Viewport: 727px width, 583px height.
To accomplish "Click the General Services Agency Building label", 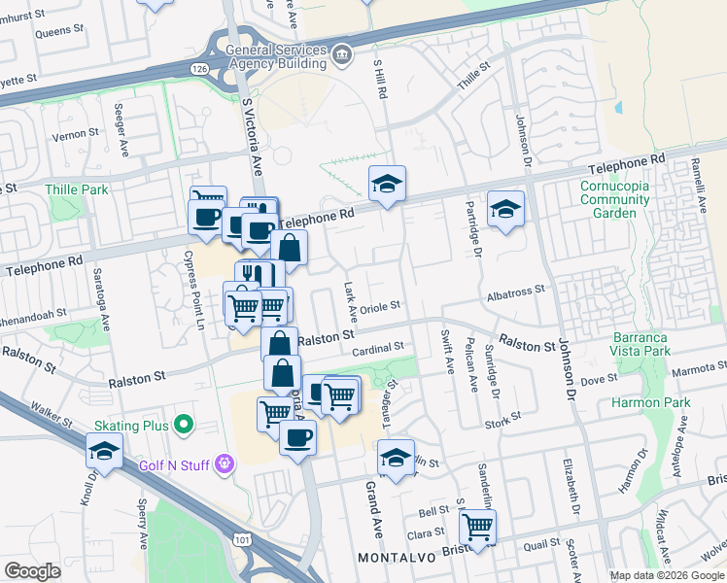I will pos(275,58).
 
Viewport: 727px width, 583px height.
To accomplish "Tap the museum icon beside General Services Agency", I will pos(341,54).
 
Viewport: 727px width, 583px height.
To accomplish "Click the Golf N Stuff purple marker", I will pos(225,465).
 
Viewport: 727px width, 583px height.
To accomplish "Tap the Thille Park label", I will pos(77,189).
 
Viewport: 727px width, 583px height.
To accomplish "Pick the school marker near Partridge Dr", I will pos(505,208).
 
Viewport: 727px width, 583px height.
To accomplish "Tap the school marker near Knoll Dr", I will pos(104,451).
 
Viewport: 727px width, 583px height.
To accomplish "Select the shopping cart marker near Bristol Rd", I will pos(477,527).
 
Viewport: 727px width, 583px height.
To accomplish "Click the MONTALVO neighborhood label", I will pos(393,558).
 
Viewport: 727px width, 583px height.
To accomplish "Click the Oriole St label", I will pos(380,307).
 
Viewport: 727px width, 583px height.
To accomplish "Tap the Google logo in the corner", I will pos(32,571).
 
